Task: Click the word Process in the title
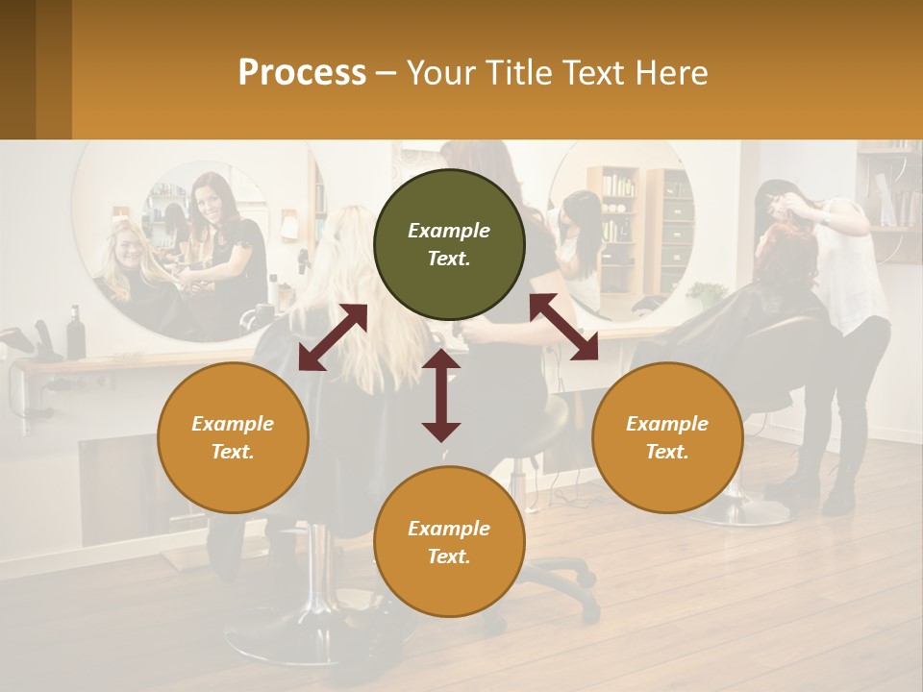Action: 302,73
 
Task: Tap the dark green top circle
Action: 449,245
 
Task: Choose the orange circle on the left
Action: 233,437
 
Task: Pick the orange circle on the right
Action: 667,437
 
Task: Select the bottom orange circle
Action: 449,542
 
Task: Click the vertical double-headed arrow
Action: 441,395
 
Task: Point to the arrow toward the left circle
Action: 333,336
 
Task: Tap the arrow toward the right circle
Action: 564,327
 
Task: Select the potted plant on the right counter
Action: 709,293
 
